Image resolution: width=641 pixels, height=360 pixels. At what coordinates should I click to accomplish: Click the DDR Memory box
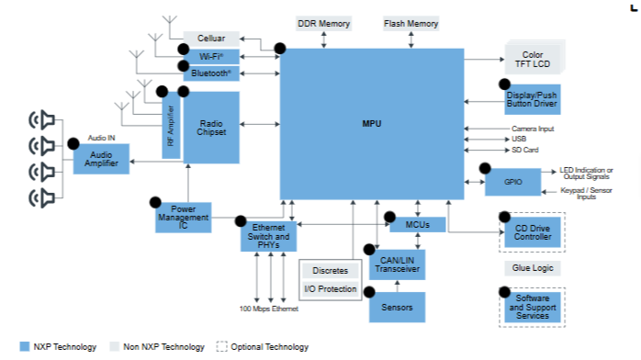324,24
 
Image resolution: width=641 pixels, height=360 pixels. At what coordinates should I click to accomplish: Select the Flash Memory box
410,24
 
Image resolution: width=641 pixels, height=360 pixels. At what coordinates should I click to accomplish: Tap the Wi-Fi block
211,56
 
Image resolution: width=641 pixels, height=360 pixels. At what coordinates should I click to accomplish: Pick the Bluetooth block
211,73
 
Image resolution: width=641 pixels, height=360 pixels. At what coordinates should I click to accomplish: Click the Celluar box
211,39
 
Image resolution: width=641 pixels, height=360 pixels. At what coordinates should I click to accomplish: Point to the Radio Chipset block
211,128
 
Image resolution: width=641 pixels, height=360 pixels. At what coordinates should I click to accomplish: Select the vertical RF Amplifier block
171,126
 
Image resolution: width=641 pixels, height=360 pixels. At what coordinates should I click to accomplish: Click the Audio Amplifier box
101,159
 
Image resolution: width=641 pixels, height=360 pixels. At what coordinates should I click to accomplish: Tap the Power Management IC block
184,218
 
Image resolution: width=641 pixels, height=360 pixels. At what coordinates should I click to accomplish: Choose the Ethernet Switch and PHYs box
268,236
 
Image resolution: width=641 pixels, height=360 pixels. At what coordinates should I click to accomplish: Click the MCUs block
418,225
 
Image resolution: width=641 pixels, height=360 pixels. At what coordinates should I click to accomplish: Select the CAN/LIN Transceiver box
398,264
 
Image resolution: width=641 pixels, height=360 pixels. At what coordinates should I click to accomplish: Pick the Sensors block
398,308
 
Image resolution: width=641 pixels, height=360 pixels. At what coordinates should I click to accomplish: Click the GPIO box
513,182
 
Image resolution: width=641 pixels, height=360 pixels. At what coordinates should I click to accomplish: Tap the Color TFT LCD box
533,60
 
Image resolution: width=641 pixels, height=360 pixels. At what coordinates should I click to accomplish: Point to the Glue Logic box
533,268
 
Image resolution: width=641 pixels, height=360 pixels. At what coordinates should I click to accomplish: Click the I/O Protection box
331,289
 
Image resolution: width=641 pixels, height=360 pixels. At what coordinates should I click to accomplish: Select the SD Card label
525,150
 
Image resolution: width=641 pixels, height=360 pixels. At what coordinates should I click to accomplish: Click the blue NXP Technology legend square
25,346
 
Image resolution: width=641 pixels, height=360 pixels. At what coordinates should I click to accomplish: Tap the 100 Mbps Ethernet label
269,309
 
